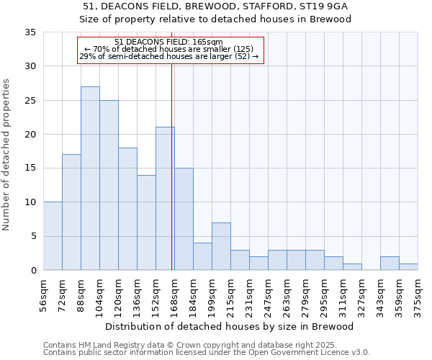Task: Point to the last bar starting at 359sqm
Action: [x=408, y=266]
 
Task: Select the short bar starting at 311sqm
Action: [x=352, y=266]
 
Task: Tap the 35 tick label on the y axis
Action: [x=30, y=32]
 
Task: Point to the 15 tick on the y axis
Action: [x=30, y=168]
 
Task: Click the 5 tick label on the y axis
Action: [x=33, y=236]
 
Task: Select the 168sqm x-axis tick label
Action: [x=175, y=295]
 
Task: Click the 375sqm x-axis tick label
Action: [x=418, y=295]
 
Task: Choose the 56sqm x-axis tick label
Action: [x=44, y=295]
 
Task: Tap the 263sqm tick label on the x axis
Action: [x=287, y=295]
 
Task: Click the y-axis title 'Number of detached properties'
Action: [x=7, y=155]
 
